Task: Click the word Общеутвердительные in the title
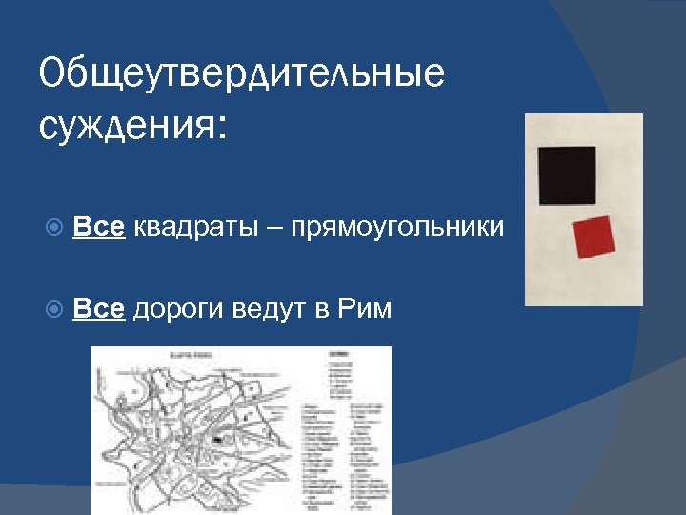click(242, 73)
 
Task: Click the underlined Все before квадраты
click(98, 229)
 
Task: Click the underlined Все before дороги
click(98, 309)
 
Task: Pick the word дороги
click(177, 310)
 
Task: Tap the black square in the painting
click(567, 175)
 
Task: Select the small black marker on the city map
click(218, 440)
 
